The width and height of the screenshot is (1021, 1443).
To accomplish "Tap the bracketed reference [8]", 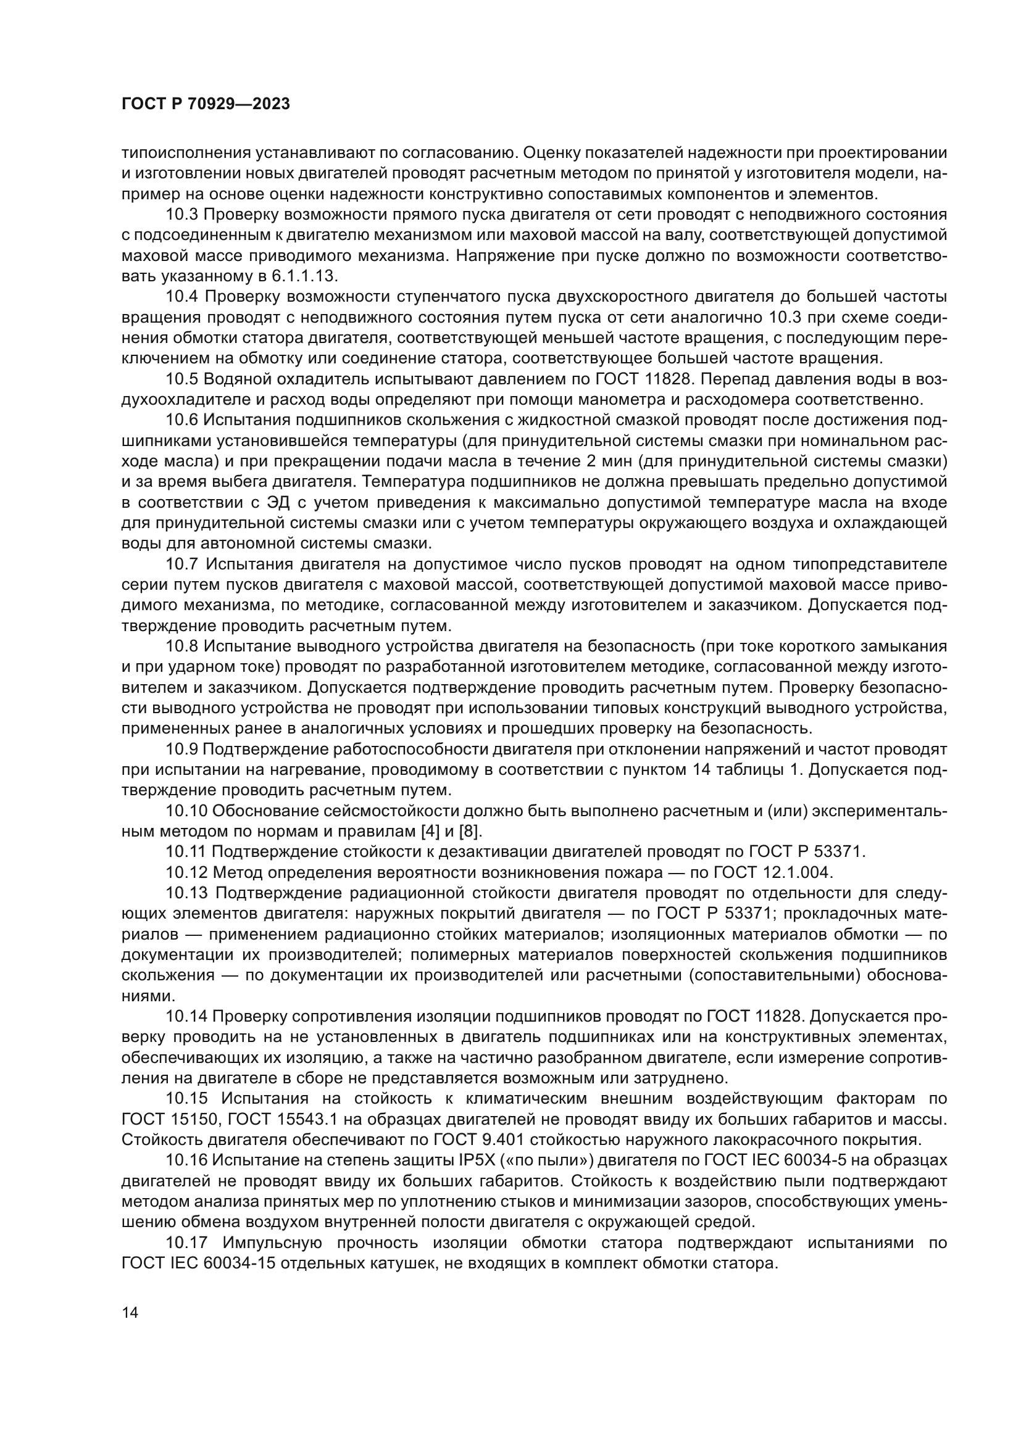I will coord(470,832).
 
